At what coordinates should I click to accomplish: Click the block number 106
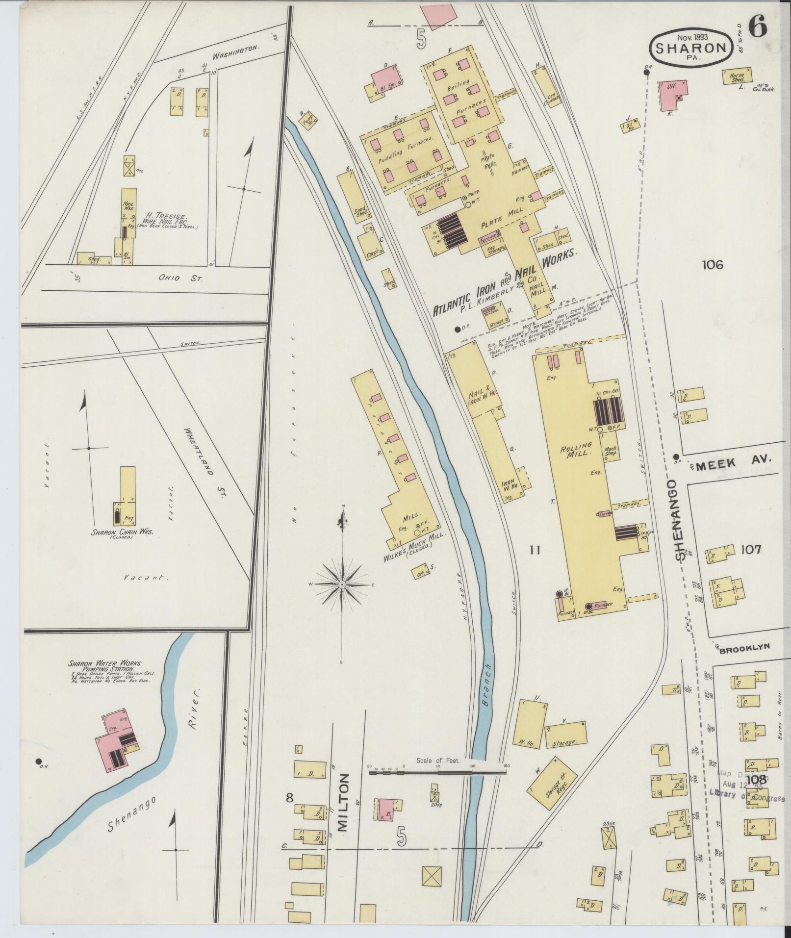click(x=712, y=265)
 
